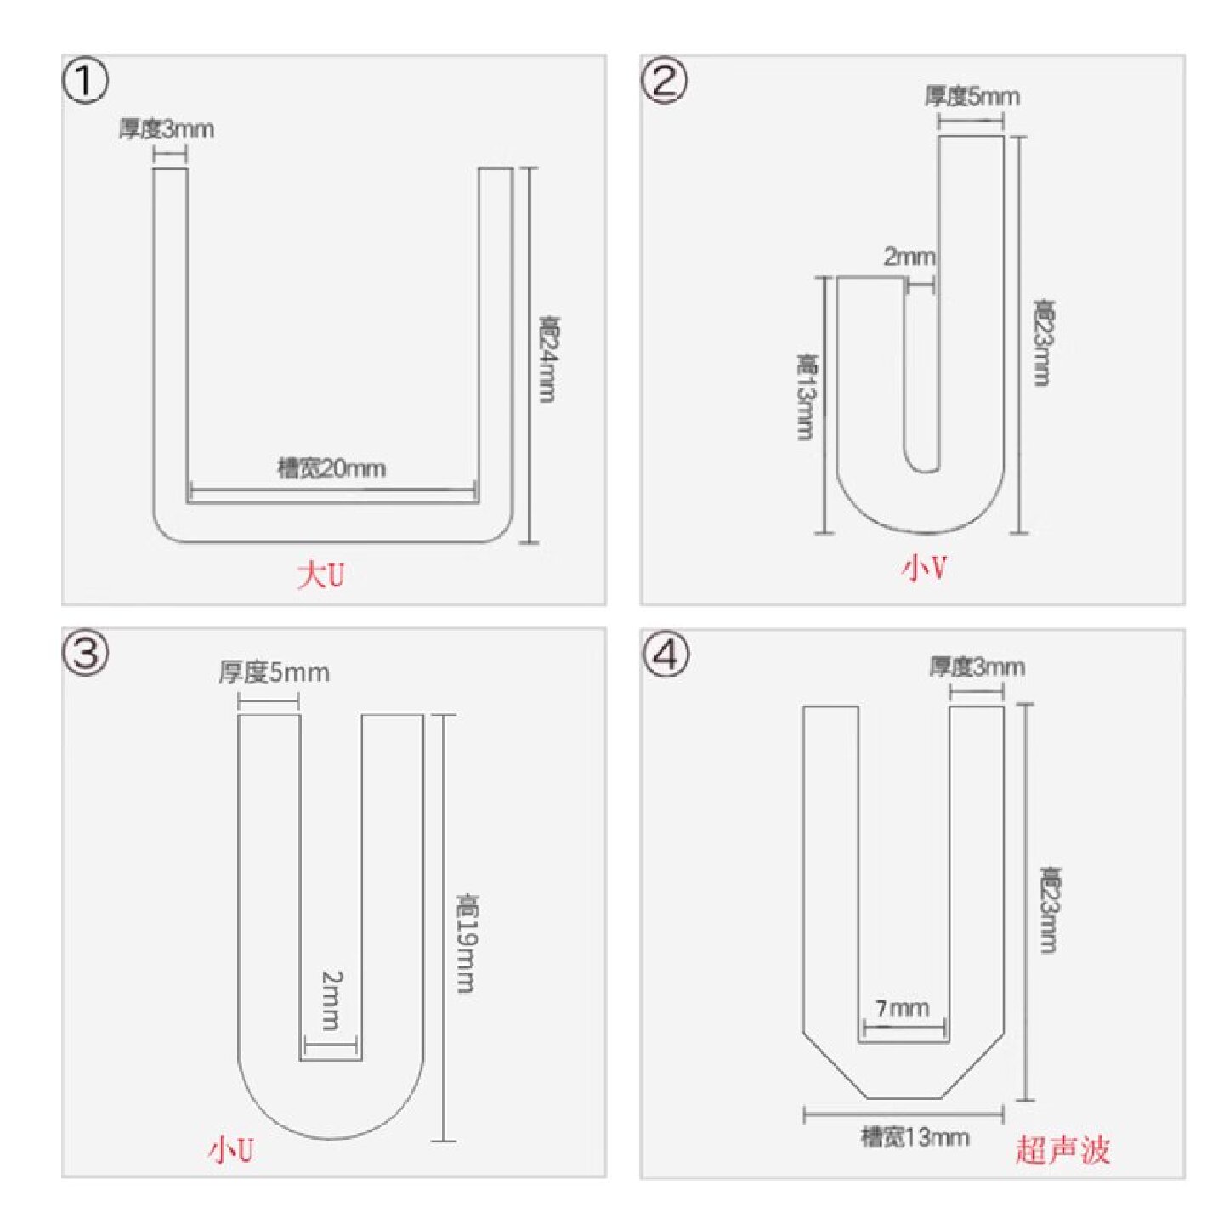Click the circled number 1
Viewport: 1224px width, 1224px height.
(85, 82)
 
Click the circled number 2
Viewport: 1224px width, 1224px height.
(664, 82)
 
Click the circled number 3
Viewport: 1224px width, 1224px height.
(85, 654)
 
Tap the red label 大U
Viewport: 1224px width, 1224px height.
(320, 576)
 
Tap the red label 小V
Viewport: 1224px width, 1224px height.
(924, 569)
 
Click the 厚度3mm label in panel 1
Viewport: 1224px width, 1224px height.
(167, 129)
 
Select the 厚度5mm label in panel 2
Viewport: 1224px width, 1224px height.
(972, 97)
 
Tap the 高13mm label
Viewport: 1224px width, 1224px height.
(806, 396)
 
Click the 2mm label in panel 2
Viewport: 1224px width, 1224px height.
(909, 258)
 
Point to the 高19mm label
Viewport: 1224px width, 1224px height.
(467, 943)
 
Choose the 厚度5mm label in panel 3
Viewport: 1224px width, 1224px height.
(275, 672)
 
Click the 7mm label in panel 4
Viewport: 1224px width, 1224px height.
(903, 1008)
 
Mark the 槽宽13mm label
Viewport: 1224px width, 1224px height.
(915, 1136)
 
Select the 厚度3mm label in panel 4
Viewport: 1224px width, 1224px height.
(977, 667)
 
